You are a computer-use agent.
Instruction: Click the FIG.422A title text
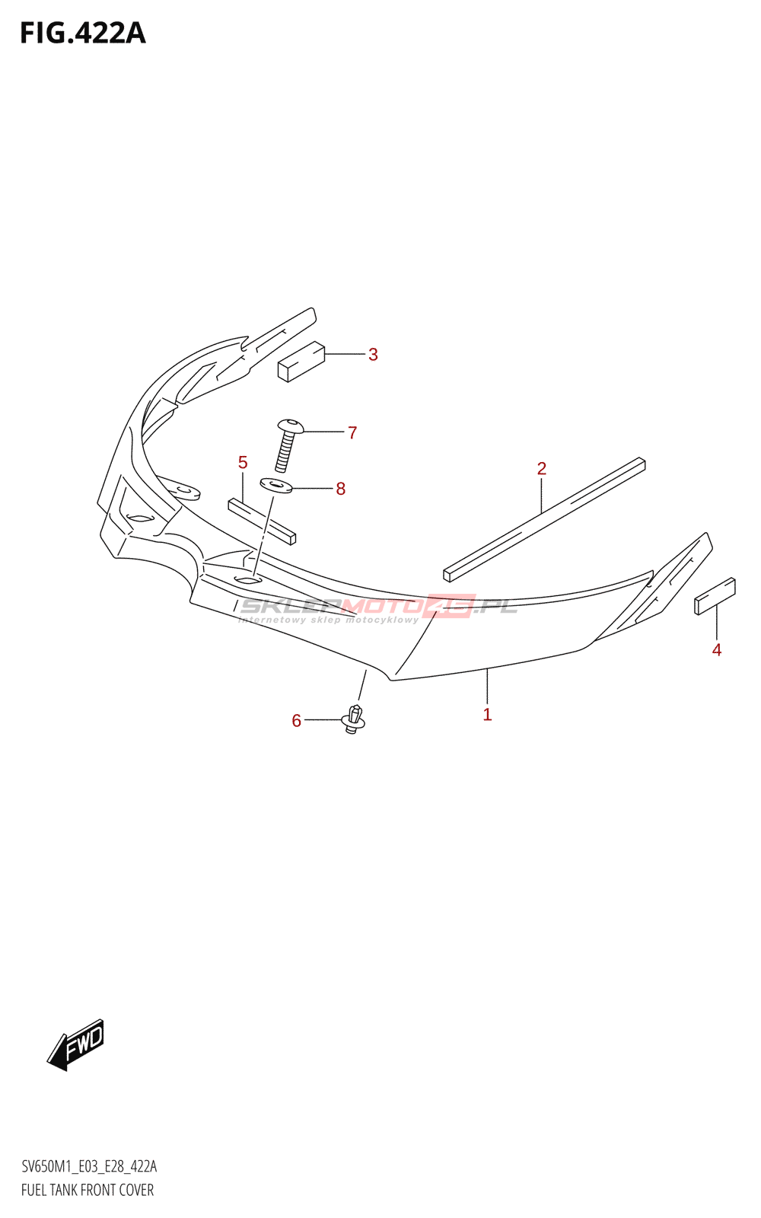pyautogui.click(x=82, y=33)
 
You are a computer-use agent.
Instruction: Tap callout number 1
pyautogui.click(x=487, y=714)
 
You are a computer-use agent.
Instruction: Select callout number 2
pyautogui.click(x=541, y=468)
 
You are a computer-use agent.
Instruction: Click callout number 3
pyautogui.click(x=373, y=354)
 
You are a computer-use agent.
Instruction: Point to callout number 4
pyautogui.click(x=716, y=649)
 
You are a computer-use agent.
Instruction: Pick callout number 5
pyautogui.click(x=243, y=462)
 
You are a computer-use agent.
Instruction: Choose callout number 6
pyautogui.click(x=296, y=720)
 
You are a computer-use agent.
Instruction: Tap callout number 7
pyautogui.click(x=352, y=432)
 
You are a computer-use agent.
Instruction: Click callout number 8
pyautogui.click(x=340, y=489)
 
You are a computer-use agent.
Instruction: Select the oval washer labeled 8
pyautogui.click(x=276, y=484)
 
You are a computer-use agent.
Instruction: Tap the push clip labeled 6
pyautogui.click(x=354, y=719)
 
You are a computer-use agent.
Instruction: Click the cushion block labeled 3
pyautogui.click(x=301, y=361)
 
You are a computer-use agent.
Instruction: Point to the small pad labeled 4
pyautogui.click(x=715, y=596)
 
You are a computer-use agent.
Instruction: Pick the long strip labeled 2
pyautogui.click(x=544, y=519)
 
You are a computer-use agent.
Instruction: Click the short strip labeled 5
pyautogui.click(x=262, y=521)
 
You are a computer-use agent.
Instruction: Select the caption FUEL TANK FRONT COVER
pyautogui.click(x=88, y=1190)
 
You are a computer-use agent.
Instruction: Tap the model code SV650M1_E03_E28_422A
pyautogui.click(x=89, y=1166)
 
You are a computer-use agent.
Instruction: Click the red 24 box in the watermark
pyautogui.click(x=451, y=606)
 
